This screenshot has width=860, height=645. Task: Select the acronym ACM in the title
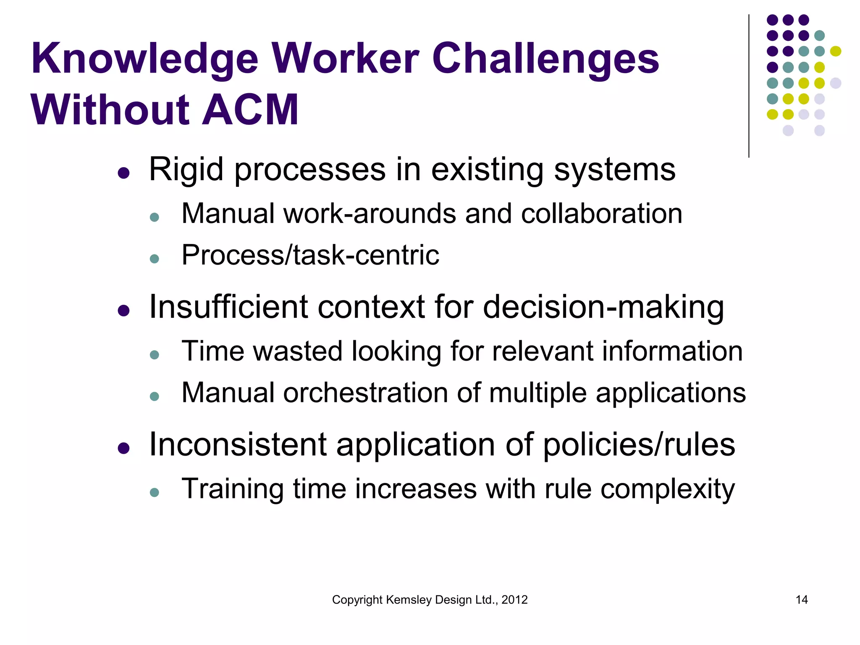tap(250, 110)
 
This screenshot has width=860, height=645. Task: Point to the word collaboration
tap(601, 213)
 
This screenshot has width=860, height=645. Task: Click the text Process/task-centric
tap(310, 255)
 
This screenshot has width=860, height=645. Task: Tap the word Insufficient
tap(228, 307)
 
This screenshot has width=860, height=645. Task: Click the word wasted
tap(298, 351)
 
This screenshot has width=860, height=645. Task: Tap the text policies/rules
tap(639, 445)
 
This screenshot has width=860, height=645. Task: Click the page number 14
tap(802, 600)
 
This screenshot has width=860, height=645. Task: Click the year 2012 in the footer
tap(514, 600)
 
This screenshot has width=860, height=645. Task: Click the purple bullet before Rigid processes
tap(123, 173)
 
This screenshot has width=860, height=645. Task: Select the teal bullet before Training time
tap(155, 492)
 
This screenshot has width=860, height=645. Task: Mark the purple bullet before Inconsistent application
tap(123, 448)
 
